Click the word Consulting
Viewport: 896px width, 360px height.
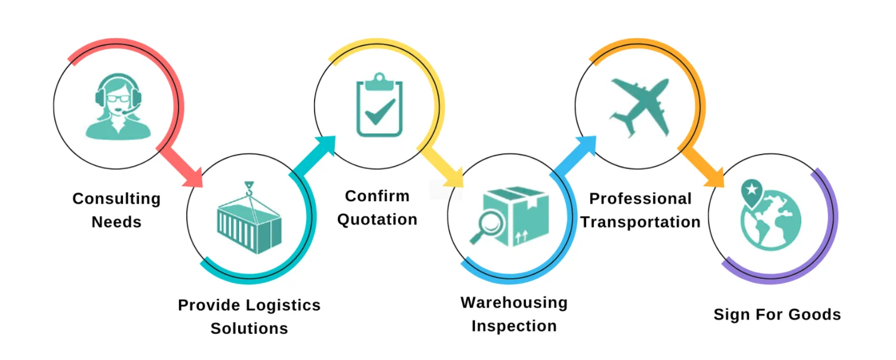pyautogui.click(x=116, y=199)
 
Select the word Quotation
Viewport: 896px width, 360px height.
pyautogui.click(x=377, y=220)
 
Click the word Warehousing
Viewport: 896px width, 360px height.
pyautogui.click(x=513, y=303)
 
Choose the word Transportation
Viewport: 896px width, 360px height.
pyautogui.click(x=640, y=222)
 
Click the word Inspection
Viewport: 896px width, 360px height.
pyautogui.click(x=513, y=327)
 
